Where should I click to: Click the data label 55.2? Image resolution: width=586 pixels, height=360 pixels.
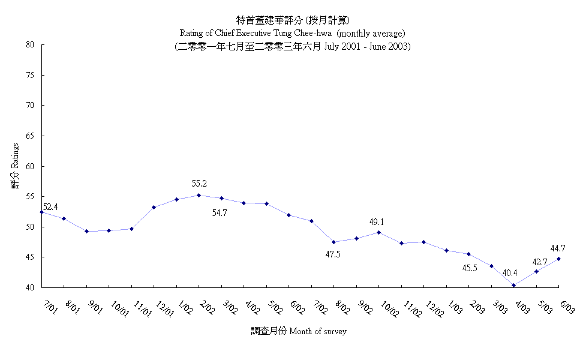click(x=200, y=184)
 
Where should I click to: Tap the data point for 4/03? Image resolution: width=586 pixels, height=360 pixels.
click(x=514, y=285)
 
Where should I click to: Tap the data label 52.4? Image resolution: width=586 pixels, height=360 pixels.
click(x=50, y=207)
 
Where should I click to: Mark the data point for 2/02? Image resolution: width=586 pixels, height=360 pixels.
click(x=199, y=195)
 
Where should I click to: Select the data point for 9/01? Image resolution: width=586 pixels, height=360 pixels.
click(x=87, y=231)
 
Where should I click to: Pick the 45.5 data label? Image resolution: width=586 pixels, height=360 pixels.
click(x=469, y=268)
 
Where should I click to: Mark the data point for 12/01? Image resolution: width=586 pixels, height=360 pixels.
click(x=154, y=207)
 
